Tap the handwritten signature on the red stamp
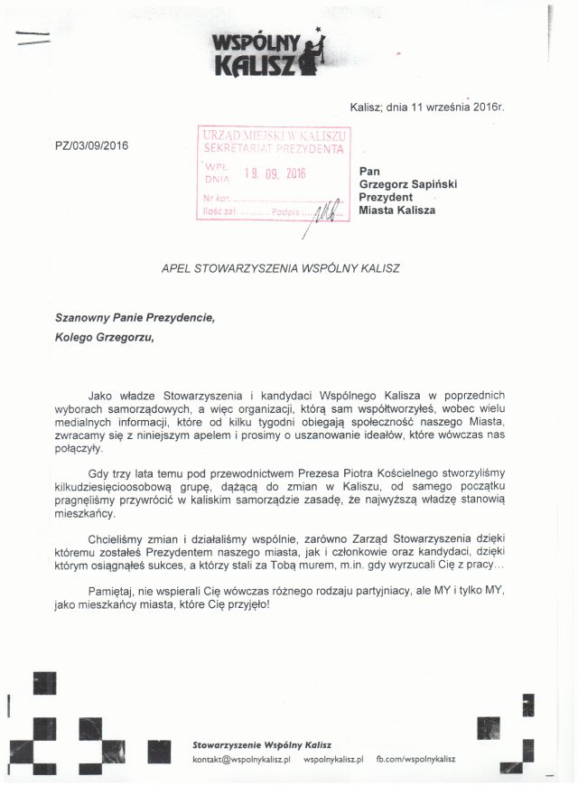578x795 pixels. [x=322, y=213]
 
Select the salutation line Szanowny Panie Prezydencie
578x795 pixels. [x=135, y=318]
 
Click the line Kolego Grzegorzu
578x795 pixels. [x=105, y=338]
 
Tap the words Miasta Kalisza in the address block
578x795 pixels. [x=397, y=210]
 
